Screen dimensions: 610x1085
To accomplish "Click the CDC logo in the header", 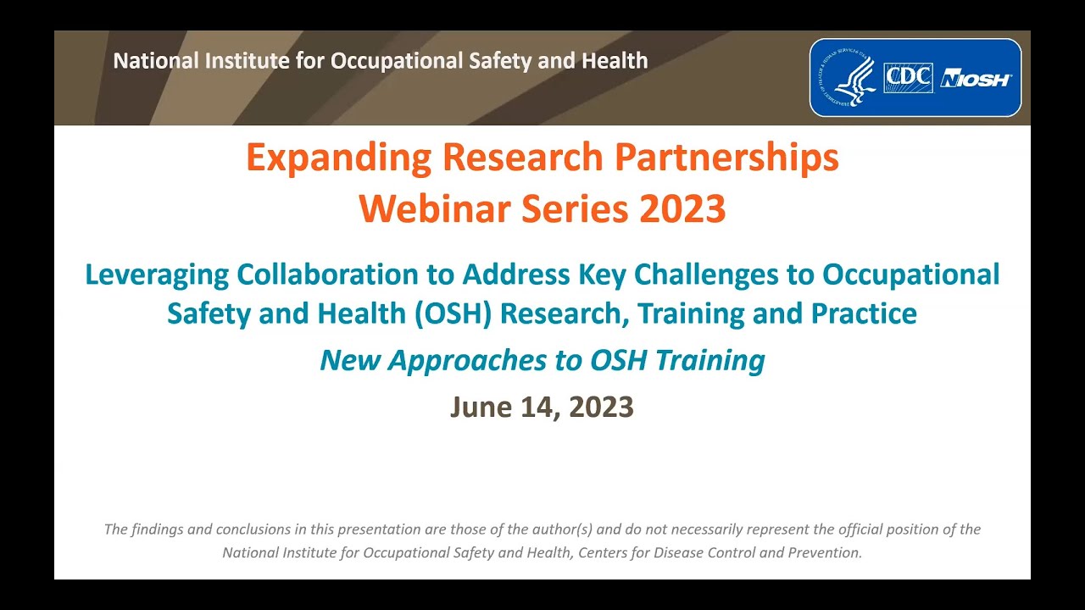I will tap(908, 78).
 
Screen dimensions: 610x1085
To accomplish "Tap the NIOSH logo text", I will tap(976, 79).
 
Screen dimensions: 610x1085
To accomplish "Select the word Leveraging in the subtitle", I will tap(157, 274).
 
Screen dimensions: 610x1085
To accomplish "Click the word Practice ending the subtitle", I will tap(863, 313).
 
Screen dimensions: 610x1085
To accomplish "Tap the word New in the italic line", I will tap(350, 361).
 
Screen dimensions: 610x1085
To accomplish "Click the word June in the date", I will tap(481, 408).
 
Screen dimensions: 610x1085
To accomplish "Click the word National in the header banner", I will tap(149, 61).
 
